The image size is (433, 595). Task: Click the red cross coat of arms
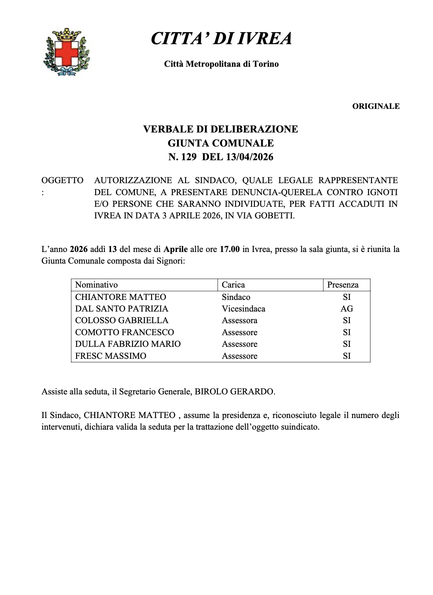coord(66,52)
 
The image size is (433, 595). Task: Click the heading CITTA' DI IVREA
coord(221,38)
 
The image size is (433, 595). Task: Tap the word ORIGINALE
coord(376,106)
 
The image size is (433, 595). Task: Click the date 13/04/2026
coord(250,157)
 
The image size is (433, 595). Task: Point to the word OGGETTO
coord(62,180)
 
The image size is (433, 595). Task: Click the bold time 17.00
coord(230,249)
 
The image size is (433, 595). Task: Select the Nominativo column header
coord(96,285)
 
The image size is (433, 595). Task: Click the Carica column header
coord(233,285)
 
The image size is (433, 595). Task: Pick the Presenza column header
coord(343,285)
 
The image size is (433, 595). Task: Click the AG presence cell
coord(347,309)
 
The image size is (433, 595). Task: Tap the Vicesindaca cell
coord(243,309)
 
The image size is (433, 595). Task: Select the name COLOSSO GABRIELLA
coord(122,320)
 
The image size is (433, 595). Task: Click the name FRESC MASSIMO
coord(111,356)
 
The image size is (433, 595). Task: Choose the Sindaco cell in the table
coord(236,297)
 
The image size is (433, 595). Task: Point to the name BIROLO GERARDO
coord(235,392)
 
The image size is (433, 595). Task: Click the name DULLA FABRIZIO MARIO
coord(128,344)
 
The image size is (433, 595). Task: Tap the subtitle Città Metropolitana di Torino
coord(221,64)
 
